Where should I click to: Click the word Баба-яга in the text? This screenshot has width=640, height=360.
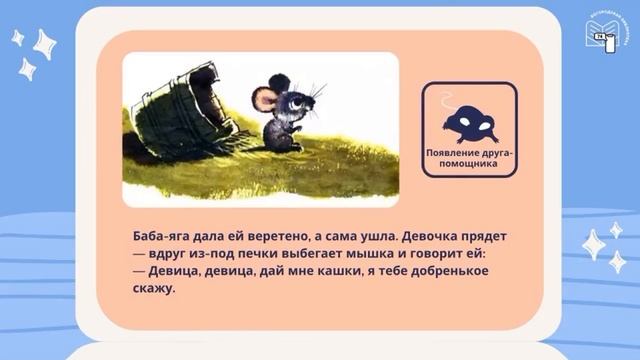pyautogui.click(x=164, y=232)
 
